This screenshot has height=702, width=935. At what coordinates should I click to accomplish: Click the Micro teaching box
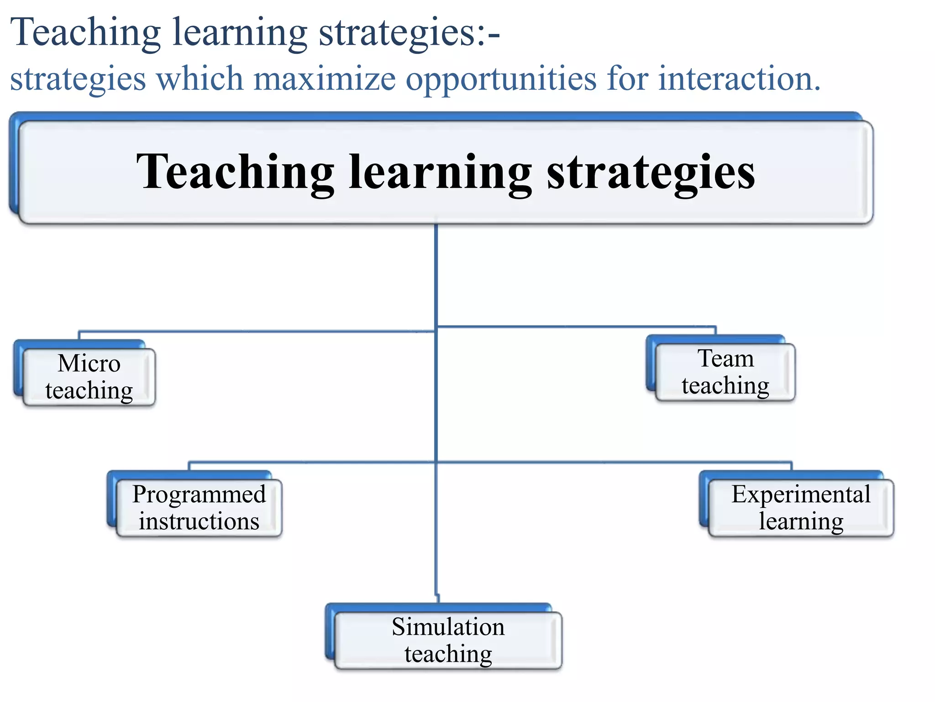tap(89, 377)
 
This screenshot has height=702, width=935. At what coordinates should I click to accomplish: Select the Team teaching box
tap(725, 372)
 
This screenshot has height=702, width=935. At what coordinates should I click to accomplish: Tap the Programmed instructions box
tap(199, 508)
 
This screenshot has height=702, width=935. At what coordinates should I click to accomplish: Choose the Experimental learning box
tap(801, 508)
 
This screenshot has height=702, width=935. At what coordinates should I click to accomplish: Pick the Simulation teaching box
tap(448, 640)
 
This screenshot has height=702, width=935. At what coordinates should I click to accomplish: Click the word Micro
tap(89, 363)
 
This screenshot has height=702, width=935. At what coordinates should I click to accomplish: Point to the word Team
tap(725, 358)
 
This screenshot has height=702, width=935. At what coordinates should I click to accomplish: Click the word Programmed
tap(199, 495)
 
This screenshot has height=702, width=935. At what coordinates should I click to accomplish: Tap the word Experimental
tap(801, 494)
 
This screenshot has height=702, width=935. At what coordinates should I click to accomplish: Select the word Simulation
tap(448, 627)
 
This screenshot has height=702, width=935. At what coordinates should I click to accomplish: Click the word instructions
tap(199, 521)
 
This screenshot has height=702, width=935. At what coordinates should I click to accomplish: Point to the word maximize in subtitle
tap(324, 79)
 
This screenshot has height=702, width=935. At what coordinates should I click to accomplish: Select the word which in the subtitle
tap(200, 79)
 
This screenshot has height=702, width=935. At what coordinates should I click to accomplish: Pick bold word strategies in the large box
tap(651, 173)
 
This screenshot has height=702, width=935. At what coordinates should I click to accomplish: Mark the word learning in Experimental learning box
tap(801, 522)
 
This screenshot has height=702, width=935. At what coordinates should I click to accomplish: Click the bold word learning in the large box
tap(440, 173)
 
